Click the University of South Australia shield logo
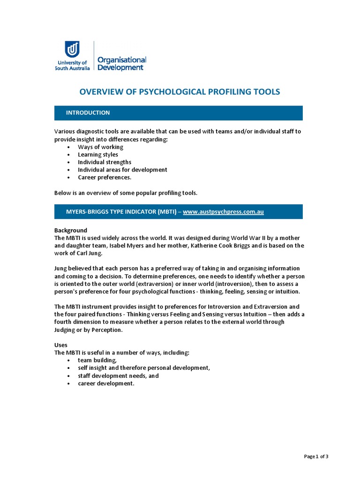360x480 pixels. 72,49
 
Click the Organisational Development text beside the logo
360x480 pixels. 121,63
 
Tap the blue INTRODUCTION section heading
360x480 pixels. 88,112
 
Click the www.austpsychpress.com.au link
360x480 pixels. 223,211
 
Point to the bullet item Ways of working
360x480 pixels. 100,147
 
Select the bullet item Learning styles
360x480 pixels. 98,154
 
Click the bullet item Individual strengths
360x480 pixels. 105,162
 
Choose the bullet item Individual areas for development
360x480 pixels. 122,170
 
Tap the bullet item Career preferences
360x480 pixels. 105,177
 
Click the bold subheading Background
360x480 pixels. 71,230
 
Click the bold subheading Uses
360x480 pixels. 61,345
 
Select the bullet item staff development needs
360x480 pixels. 118,375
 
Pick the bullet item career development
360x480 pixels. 106,383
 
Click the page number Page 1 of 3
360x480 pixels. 316,457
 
